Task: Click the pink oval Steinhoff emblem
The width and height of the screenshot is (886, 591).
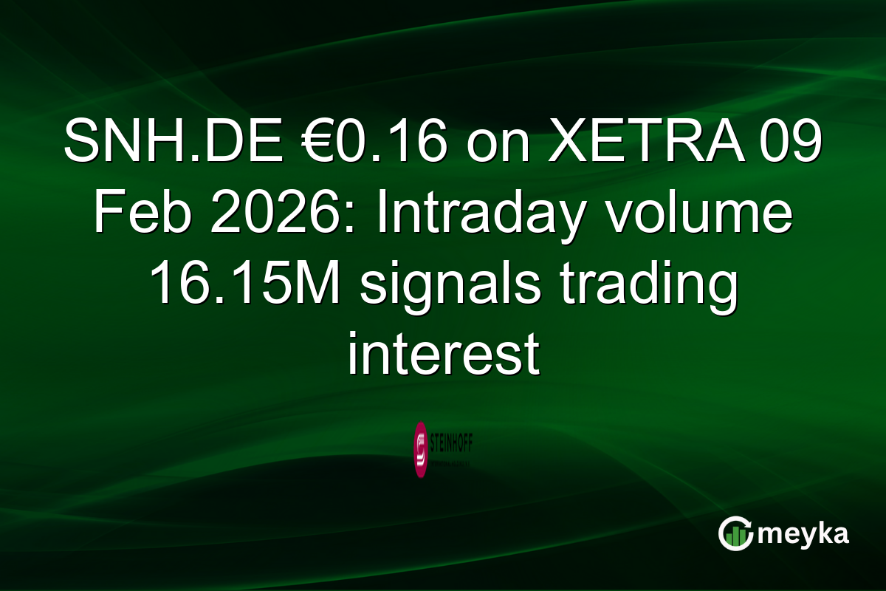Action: pyautogui.click(x=421, y=449)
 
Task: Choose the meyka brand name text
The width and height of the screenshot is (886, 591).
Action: pyautogui.click(x=806, y=533)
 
